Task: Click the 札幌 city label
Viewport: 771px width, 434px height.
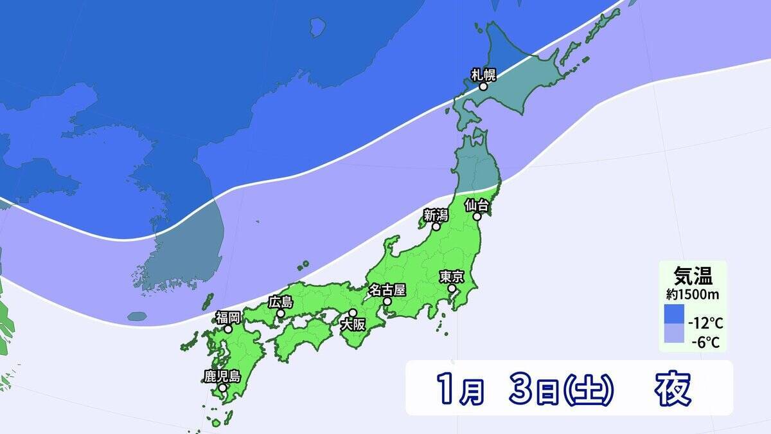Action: pyautogui.click(x=484, y=74)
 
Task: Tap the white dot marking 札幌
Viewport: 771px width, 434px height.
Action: pyautogui.click(x=483, y=86)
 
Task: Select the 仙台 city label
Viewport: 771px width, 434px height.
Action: pyautogui.click(x=477, y=206)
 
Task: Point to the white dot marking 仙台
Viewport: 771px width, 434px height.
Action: pyautogui.click(x=477, y=217)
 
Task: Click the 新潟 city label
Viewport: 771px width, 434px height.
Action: pyautogui.click(x=436, y=215)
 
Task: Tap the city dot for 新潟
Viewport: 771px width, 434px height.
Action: pyautogui.click(x=436, y=226)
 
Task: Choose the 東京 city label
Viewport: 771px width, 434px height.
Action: pyautogui.click(x=452, y=277)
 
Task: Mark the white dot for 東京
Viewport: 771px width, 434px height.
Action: pyautogui.click(x=452, y=289)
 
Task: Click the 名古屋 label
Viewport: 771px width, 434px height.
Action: pyautogui.click(x=387, y=290)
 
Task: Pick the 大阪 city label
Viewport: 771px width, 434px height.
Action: pyautogui.click(x=353, y=324)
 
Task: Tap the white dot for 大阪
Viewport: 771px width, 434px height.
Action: pyautogui.click(x=353, y=312)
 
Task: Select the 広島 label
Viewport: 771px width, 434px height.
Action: pyautogui.click(x=281, y=302)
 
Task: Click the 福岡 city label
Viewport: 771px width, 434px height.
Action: pyautogui.click(x=228, y=317)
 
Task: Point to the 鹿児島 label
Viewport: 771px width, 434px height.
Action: pyautogui.click(x=222, y=376)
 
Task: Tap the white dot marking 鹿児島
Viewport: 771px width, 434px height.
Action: pyautogui.click(x=222, y=388)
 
